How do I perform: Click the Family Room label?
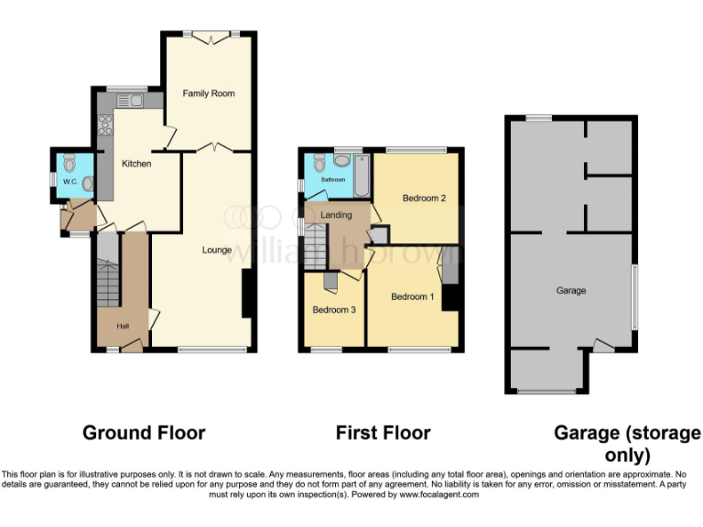[x=208, y=93]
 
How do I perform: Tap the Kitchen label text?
[x=136, y=164]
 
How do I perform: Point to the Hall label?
[x=123, y=326]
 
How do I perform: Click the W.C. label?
[x=70, y=181]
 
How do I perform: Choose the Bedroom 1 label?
[x=413, y=296]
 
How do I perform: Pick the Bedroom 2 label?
[x=424, y=198]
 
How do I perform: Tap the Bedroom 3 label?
[x=334, y=309]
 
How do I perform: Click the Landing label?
[x=337, y=214]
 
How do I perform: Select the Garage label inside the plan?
[x=570, y=291]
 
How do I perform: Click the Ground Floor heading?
[x=144, y=433]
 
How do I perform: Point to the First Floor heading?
[x=383, y=433]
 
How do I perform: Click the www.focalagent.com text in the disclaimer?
[x=438, y=494]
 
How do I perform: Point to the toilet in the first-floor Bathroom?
[x=319, y=163]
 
